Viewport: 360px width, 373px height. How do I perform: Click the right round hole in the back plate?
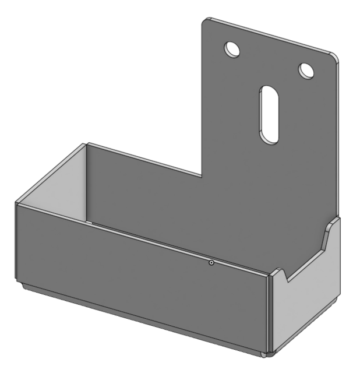pos(306,70)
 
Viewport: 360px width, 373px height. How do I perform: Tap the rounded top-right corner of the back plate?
pos(334,57)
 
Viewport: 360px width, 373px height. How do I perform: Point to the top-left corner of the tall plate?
pos(205,20)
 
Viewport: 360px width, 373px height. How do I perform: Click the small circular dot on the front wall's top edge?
pos(211,263)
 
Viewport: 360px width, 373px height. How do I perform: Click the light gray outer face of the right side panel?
pos(306,303)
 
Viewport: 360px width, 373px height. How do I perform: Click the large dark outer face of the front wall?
pos(140,280)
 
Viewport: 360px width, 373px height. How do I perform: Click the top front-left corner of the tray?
pos(16,203)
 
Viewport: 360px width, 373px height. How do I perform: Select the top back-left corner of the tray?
pos(86,143)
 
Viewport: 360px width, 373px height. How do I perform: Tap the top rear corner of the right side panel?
pos(337,217)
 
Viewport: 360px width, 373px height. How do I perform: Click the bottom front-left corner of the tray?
pos(19,282)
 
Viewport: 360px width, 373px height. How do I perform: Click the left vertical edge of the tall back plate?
pos(202,99)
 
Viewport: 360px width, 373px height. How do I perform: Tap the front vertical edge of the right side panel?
pos(269,315)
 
